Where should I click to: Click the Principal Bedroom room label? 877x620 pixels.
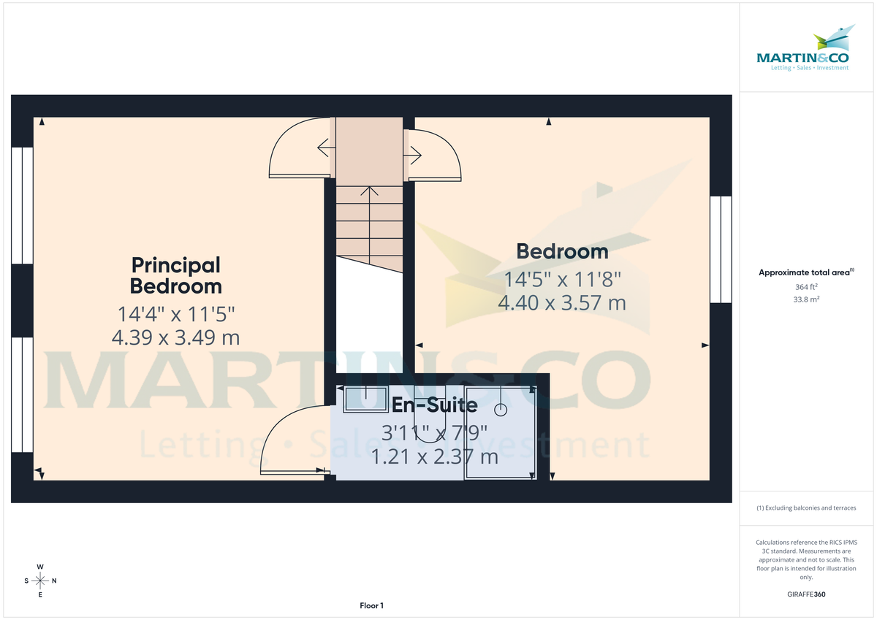point(175,275)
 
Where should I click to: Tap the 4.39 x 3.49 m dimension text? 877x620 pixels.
point(175,338)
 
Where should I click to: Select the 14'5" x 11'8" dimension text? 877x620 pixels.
point(562,279)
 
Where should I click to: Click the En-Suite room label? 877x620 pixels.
point(435,405)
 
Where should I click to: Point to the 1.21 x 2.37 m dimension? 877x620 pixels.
point(435,457)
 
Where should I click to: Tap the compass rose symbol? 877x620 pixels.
point(40,581)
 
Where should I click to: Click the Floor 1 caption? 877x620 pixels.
point(371,605)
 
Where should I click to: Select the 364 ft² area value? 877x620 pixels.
point(807,287)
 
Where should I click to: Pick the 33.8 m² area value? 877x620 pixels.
point(807,299)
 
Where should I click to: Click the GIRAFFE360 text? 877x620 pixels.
point(807,594)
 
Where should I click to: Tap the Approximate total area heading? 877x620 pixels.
point(805,272)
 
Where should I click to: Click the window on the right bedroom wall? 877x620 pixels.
point(721,248)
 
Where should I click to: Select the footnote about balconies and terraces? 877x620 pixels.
point(807,508)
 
